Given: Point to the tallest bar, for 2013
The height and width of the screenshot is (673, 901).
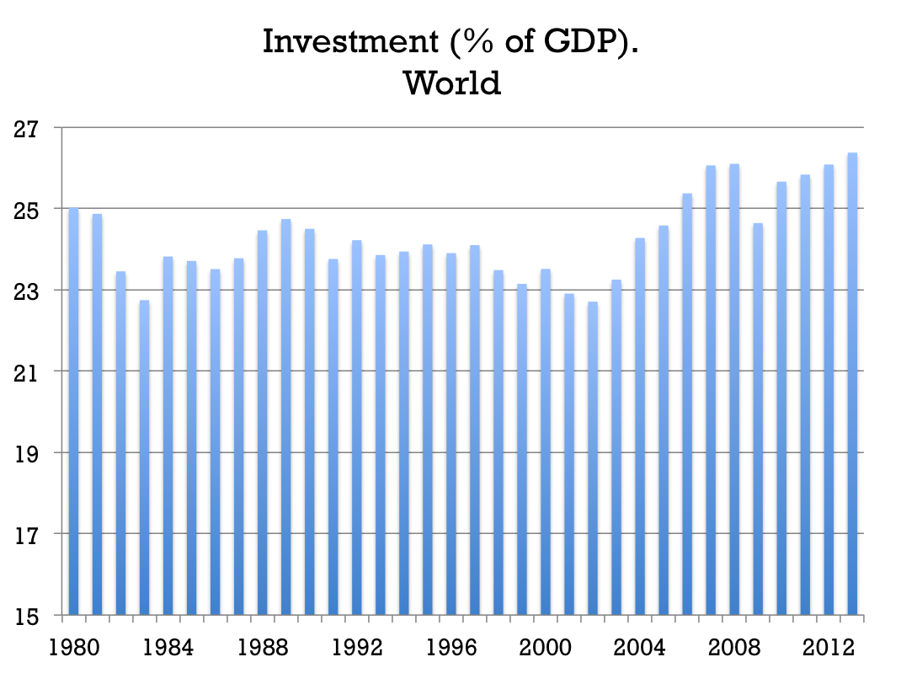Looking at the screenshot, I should (x=852, y=383).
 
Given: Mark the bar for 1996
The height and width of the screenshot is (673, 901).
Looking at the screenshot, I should (x=451, y=434).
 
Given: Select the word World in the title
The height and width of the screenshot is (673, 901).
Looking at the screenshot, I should (x=451, y=83).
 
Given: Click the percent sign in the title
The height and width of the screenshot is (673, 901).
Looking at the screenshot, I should (x=469, y=41).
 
